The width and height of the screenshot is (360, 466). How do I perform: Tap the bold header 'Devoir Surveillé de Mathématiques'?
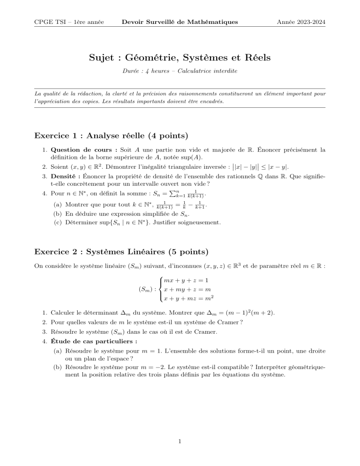click(180, 22)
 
